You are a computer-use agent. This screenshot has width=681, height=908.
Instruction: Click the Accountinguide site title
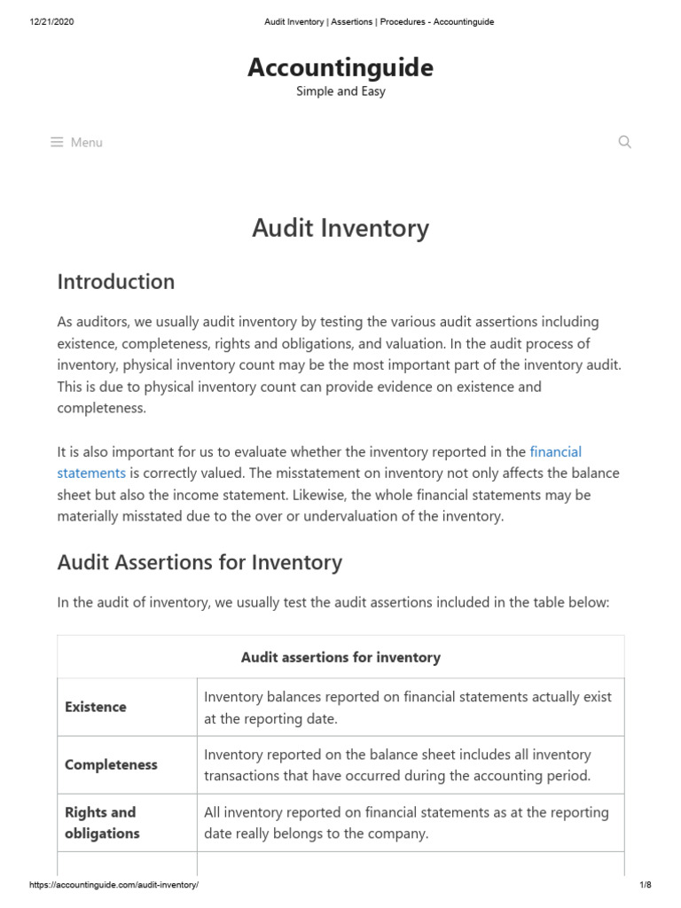tap(340, 67)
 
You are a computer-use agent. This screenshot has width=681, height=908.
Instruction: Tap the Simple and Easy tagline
tap(340, 91)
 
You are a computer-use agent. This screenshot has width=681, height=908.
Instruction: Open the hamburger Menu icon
tap(57, 142)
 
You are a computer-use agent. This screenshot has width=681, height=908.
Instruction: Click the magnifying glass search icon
tap(624, 142)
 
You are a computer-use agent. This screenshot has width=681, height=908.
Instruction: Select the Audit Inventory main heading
tap(340, 228)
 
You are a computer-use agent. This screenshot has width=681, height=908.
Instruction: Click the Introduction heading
tap(116, 282)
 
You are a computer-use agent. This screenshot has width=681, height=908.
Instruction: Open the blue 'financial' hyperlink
tap(555, 452)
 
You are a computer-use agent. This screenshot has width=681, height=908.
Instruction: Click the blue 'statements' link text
tap(91, 474)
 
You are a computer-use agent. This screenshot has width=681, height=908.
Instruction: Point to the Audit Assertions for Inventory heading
tap(200, 562)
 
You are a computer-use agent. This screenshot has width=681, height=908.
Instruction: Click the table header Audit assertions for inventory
tap(340, 657)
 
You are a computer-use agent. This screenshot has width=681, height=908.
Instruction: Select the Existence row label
tap(96, 707)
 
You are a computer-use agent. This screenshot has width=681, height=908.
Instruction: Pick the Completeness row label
tap(111, 764)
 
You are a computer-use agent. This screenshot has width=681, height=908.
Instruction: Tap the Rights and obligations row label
tap(101, 823)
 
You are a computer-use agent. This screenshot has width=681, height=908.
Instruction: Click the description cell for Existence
tap(408, 708)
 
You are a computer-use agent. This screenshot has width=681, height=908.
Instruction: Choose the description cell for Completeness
tap(397, 764)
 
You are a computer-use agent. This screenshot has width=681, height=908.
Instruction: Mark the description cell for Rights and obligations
tap(406, 823)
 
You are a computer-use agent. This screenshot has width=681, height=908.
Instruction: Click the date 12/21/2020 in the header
tap(51, 22)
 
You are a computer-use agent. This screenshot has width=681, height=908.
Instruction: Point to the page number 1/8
tap(645, 886)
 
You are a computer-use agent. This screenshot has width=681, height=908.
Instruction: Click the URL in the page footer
tap(113, 886)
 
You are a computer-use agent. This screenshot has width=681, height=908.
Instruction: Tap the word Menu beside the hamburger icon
tap(87, 142)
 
